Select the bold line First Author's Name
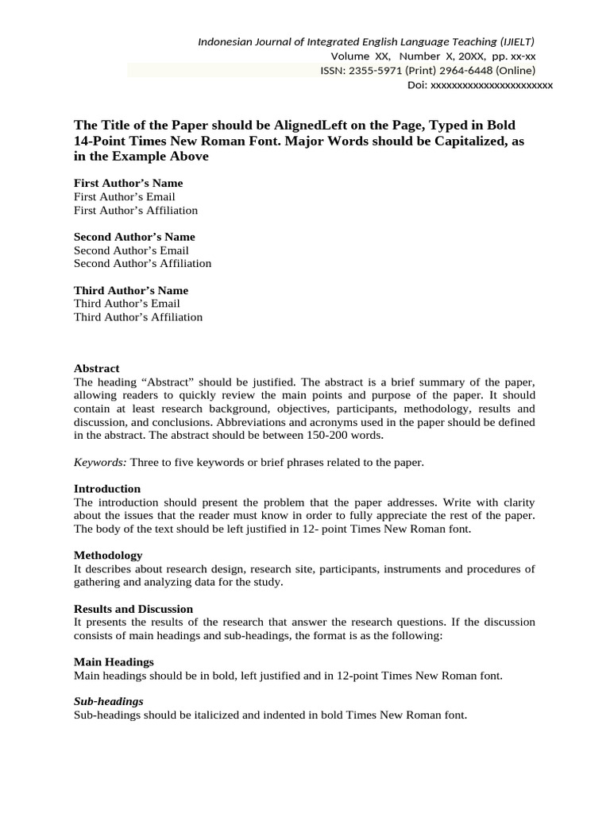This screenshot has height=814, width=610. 128,183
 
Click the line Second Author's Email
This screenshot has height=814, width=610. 131,250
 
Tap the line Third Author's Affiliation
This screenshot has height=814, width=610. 138,316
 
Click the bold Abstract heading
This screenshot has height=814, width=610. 97,368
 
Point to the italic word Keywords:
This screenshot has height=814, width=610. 100,462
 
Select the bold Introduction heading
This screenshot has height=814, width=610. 107,488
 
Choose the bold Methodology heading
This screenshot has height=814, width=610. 108,555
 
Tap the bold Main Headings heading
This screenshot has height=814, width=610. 114,661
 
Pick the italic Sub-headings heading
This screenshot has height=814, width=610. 109,701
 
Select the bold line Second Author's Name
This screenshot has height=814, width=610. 134,237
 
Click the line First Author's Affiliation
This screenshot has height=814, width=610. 136,210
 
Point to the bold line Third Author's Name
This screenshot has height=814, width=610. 131,290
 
